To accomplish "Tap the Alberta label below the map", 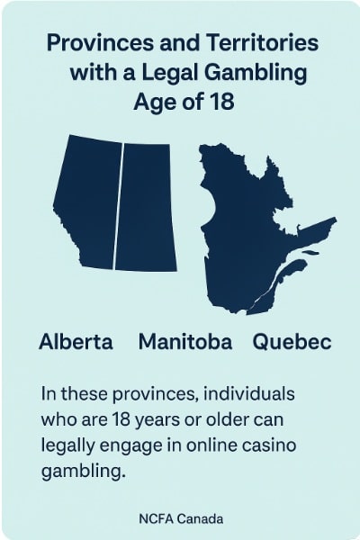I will coord(76,342).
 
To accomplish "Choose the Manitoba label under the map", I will coord(185,342).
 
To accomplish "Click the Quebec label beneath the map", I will coord(292,342).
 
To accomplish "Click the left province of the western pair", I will coord(85,202).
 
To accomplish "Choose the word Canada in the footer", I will coord(202,519).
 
